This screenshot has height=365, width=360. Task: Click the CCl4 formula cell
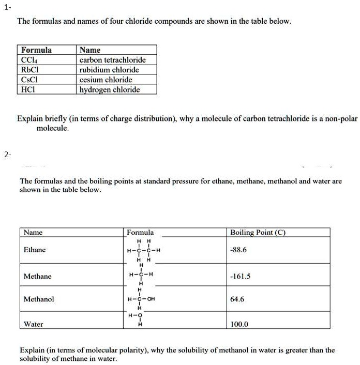pos(28,60)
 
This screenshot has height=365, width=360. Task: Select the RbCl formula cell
pos(29,70)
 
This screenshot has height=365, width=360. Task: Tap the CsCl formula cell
pos(29,80)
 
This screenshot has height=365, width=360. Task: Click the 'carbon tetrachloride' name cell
pos(112,60)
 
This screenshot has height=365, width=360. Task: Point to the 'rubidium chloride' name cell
pos(109,70)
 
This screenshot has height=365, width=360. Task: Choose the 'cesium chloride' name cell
pos(106,80)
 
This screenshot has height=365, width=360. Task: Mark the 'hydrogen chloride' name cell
pos(110,89)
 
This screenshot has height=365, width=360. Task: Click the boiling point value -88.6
pos(239,250)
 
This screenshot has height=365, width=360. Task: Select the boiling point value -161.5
pos(241,277)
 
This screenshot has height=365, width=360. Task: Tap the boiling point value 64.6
pos(237,299)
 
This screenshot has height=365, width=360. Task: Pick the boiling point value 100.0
pos(239,324)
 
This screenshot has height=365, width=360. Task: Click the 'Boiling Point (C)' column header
pos(258,232)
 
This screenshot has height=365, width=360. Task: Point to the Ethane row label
pos(35,250)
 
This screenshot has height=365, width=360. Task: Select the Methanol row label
pos(39,299)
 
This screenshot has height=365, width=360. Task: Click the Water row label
pos(34,324)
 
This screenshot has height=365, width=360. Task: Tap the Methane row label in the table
pos(38,277)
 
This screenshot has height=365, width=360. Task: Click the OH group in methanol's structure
pos(151,299)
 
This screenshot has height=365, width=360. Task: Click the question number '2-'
pos(7,154)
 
